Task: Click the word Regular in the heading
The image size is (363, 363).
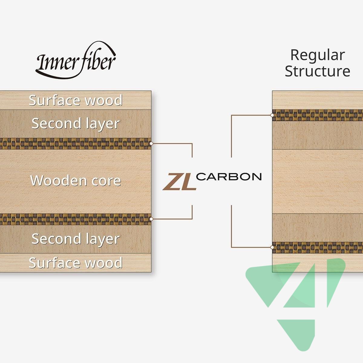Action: click(317, 55)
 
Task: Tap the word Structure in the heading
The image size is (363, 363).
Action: click(317, 71)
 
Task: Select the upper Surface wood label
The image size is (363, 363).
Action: click(76, 100)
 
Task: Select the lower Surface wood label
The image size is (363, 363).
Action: click(76, 263)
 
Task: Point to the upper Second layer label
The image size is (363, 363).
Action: click(76, 124)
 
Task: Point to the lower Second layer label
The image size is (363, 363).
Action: click(76, 239)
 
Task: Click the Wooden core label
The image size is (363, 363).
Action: click(76, 181)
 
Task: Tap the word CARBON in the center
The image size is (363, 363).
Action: click(229, 177)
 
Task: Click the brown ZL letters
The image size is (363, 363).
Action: click(179, 181)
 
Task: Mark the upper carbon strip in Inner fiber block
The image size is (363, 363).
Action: click(76, 144)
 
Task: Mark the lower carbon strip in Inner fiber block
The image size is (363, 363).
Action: click(76, 219)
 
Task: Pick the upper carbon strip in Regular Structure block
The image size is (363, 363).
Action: click(318, 115)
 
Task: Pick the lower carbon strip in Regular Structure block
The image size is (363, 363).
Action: click(318, 247)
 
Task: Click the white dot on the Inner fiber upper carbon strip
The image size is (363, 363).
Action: click(151, 143)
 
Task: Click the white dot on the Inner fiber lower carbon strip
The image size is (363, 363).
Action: click(151, 219)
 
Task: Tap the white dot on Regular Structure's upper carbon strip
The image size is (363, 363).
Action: click(272, 115)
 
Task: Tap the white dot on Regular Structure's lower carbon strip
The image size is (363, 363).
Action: click(272, 247)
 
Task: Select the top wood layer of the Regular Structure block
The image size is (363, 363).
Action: click(318, 100)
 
